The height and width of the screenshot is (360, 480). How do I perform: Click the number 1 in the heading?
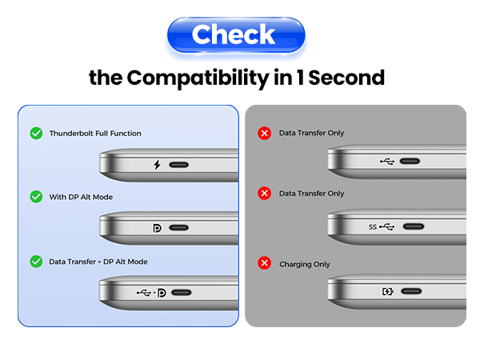tap(298, 78)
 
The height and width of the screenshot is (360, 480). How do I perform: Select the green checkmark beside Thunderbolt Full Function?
tap(36, 133)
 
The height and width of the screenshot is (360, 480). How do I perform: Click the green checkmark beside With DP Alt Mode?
tap(36, 196)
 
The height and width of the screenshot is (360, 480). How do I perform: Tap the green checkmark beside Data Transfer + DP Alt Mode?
tap(36, 261)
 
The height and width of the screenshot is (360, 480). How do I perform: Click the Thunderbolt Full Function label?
tap(95, 133)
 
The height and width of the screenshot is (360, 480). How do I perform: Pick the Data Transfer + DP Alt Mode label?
tap(98, 262)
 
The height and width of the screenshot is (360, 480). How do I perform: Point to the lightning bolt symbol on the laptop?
tap(157, 165)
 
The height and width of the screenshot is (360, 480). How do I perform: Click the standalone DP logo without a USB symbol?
tap(157, 228)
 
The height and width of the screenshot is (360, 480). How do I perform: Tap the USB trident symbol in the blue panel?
tap(143, 292)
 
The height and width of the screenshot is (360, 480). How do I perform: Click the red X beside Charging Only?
tap(264, 263)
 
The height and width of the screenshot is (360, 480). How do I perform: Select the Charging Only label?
tap(304, 264)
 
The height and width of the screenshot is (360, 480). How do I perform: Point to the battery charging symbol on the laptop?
tap(387, 291)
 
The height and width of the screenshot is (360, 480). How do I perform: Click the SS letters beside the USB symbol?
tap(372, 226)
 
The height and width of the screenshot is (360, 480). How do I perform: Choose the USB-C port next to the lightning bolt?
tap(179, 165)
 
